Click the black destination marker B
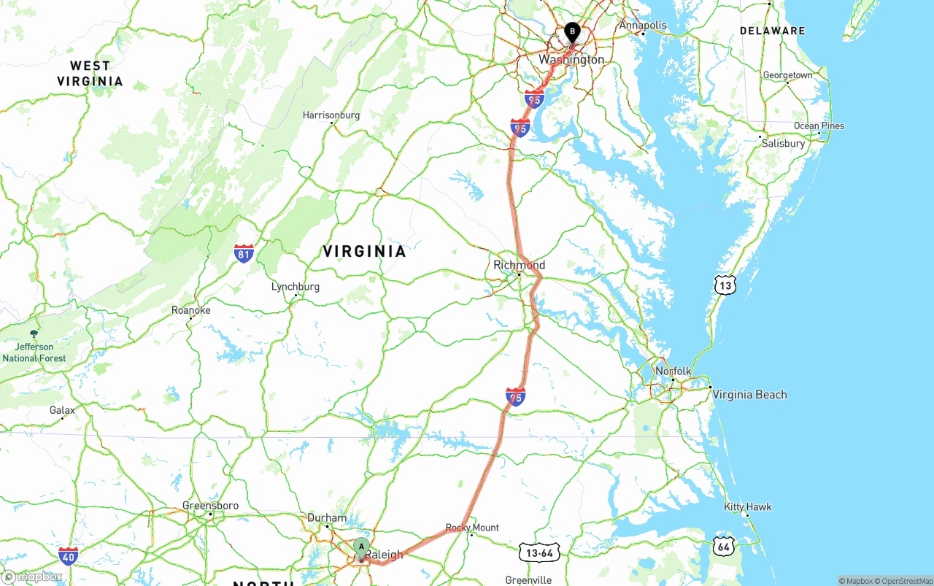[x=572, y=32]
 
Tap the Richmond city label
[x=519, y=265]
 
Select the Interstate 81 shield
[x=244, y=253]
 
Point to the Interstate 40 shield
[x=69, y=555]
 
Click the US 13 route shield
[x=725, y=285]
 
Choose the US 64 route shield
[x=723, y=546]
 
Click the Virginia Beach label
[x=749, y=395]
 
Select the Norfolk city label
[x=673, y=371]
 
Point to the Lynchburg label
[x=296, y=287]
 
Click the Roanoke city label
[x=190, y=310]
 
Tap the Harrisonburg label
[x=331, y=115]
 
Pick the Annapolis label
[x=643, y=26]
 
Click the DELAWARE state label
[x=772, y=31]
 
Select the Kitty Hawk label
[x=747, y=507]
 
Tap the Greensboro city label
[x=210, y=506]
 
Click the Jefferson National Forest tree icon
[x=34, y=334]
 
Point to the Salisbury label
[x=783, y=144]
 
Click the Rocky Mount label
[x=472, y=528]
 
